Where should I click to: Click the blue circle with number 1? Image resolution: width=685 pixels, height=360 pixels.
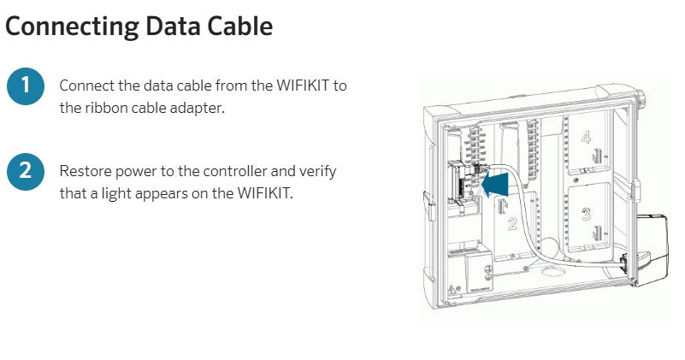(26, 86)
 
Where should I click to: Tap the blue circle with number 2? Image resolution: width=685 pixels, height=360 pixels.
(26, 170)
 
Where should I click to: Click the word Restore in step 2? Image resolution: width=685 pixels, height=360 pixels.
(84, 171)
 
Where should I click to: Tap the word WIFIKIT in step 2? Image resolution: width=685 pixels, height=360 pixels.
(262, 193)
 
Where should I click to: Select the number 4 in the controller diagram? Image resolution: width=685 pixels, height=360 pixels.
(586, 137)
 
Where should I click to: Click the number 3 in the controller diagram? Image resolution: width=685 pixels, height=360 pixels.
(586, 214)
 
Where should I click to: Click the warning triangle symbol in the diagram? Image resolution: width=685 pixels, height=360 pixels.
(450, 289)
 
